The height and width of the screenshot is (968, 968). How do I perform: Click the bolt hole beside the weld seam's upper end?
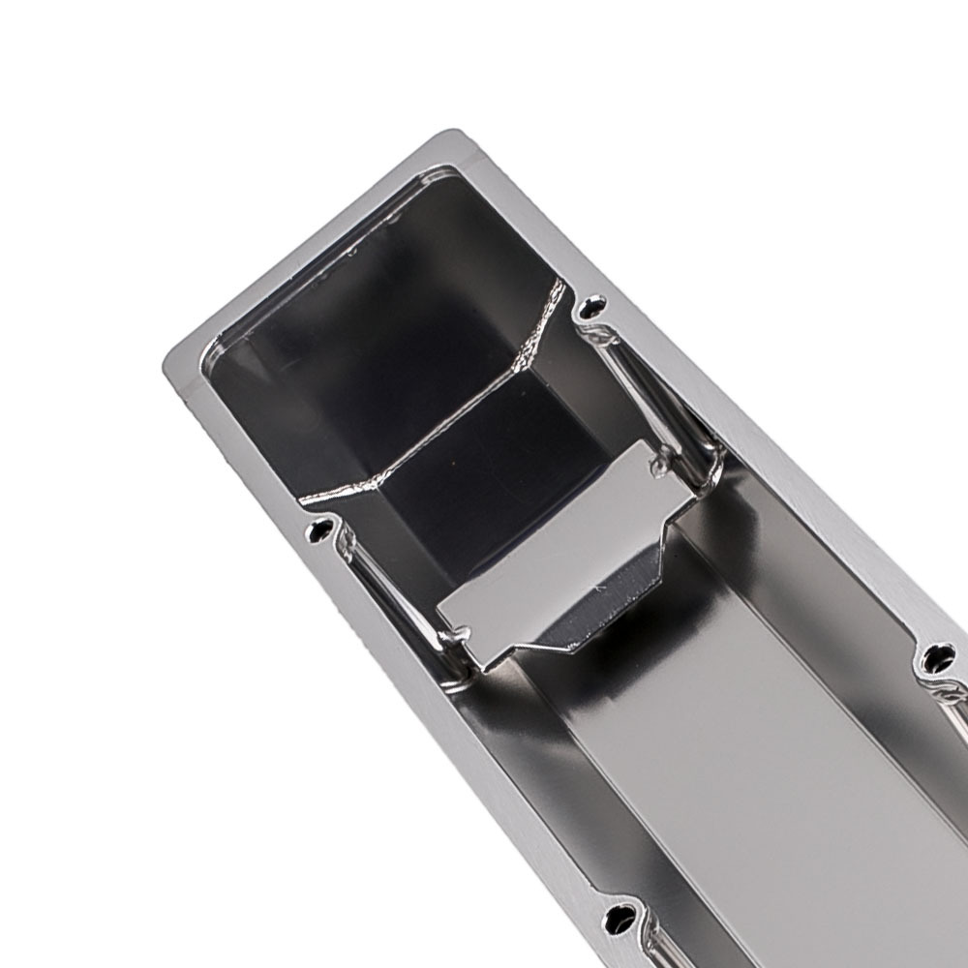pos(592,309)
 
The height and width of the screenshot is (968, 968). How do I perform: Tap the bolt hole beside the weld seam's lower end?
pos(320,529)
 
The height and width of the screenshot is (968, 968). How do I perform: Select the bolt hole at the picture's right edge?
pos(936,658)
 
